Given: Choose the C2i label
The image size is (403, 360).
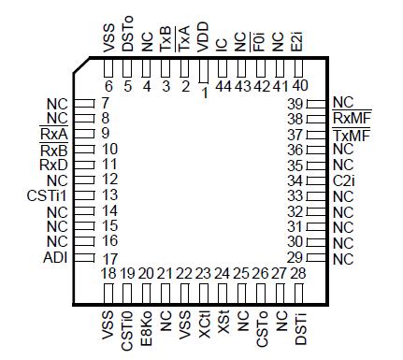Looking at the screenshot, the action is coord(343,180).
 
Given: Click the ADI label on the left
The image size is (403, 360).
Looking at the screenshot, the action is coord(55,257).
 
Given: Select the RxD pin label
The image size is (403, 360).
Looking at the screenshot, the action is coord(53,164).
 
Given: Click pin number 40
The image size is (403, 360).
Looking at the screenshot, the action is coord(299,85).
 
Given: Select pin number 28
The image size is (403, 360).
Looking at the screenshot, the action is coord(298,273).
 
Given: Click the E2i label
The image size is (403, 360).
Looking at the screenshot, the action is coord(298,42).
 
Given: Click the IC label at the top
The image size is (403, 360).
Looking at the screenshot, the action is coord(223,45).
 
